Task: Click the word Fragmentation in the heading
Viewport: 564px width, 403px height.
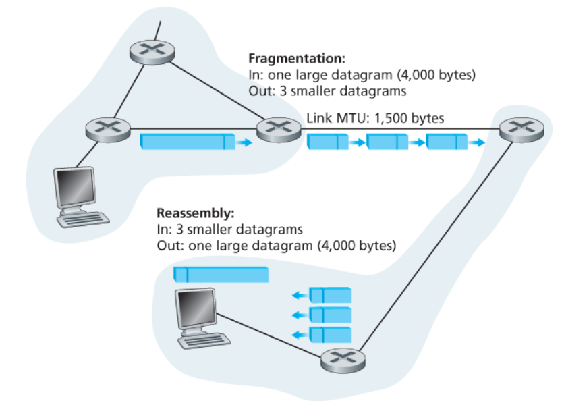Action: point(296,59)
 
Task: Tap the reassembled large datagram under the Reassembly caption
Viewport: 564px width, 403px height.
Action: point(221,274)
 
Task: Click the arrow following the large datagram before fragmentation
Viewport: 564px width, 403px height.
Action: point(246,142)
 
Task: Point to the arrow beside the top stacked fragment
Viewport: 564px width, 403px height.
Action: point(298,295)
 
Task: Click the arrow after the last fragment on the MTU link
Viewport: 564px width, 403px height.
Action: point(477,142)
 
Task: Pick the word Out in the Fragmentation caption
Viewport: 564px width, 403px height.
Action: point(258,89)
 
